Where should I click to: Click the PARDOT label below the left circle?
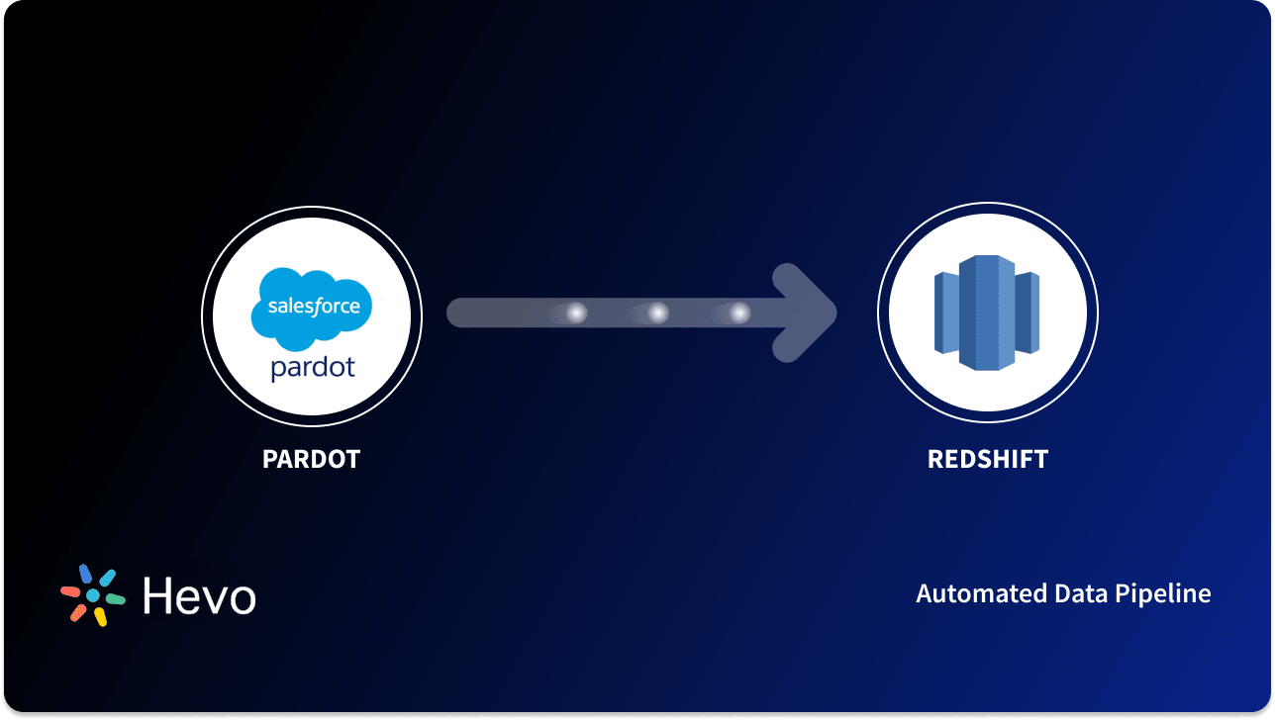click(x=311, y=460)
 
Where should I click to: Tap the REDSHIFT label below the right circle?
click(x=987, y=460)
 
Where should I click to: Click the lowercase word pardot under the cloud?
click(x=312, y=368)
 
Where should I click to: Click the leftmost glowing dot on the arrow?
click(x=575, y=314)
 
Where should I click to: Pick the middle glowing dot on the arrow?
click(x=657, y=314)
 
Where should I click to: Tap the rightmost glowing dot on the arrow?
click(x=739, y=314)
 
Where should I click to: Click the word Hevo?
click(x=199, y=595)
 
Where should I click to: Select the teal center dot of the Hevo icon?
click(x=93, y=595)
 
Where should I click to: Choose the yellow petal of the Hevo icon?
click(x=100, y=617)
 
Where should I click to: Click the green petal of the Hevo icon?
click(x=115, y=599)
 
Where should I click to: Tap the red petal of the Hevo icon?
click(x=70, y=591)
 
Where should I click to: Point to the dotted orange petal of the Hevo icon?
click(x=78, y=613)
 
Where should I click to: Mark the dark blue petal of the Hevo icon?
click(x=85, y=574)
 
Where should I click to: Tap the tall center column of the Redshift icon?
click(x=987, y=313)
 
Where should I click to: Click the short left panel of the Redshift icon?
click(x=945, y=313)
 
